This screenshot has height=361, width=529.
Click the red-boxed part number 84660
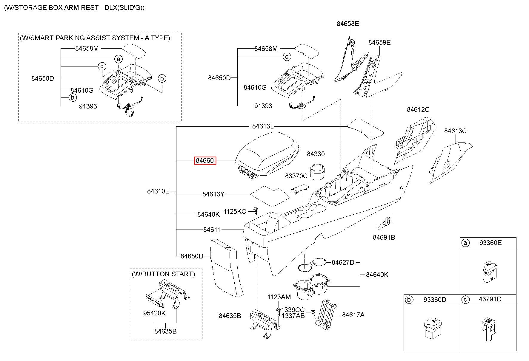coord(205,161)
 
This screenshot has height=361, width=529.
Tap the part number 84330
coord(316,154)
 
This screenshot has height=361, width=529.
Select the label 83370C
coord(296,176)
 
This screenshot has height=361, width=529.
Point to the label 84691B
coord(384,237)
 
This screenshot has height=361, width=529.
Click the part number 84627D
coord(343,262)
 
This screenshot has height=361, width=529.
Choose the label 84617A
coord(353,315)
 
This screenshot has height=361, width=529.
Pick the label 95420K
coord(154,313)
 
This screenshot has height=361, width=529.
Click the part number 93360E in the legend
coord(490,243)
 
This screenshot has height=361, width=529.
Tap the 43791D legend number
coord(490,299)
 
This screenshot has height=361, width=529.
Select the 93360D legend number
coord(435,300)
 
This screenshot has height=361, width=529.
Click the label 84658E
coord(348,24)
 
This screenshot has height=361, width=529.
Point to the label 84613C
coord(455,131)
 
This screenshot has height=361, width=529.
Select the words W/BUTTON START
coord(163,274)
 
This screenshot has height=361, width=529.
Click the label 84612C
coord(418,109)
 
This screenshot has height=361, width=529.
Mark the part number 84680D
coord(192,256)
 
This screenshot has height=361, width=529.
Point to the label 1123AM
coord(279,297)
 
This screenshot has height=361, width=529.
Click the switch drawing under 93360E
coord(490,272)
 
